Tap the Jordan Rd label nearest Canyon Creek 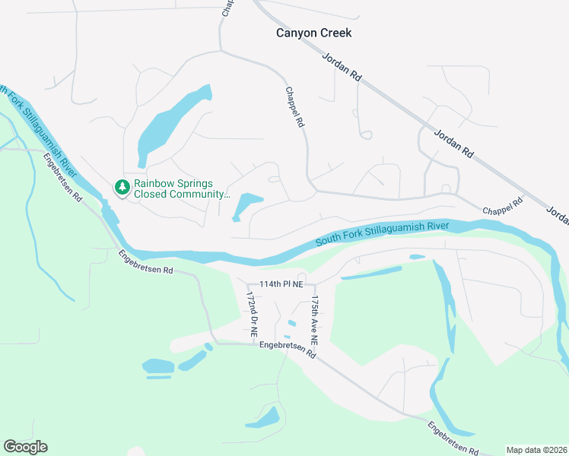pyautogui.click(x=341, y=68)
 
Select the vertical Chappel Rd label pyautogui.click(x=294, y=106)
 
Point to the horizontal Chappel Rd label pyautogui.click(x=503, y=204)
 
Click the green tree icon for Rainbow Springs pyautogui.click(x=122, y=186)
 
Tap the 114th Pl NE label pyautogui.click(x=281, y=284)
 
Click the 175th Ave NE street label pyautogui.click(x=313, y=319)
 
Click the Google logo pyautogui.click(x=25, y=447)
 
